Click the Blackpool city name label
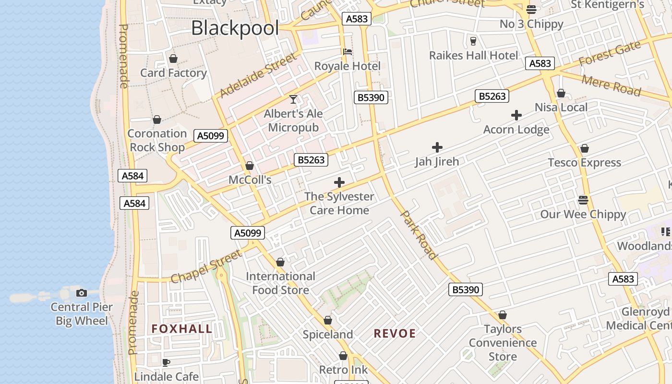pyautogui.click(x=235, y=28)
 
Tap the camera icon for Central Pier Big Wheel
pyautogui.click(x=82, y=293)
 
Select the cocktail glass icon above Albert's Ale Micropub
pyautogui.click(x=293, y=99)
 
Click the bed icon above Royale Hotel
pyautogui.click(x=347, y=52)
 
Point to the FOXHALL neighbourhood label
pyautogui.click(x=182, y=329)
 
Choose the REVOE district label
pyautogui.click(x=395, y=333)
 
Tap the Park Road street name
pyautogui.click(x=419, y=235)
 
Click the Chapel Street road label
pyautogui.click(x=206, y=267)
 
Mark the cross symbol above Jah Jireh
pyautogui.click(x=437, y=147)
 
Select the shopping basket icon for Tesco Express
pyautogui.click(x=584, y=149)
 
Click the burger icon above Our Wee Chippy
pyautogui.click(x=583, y=200)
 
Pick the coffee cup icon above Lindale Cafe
pyautogui.click(x=166, y=362)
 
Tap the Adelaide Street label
pyautogui.click(x=258, y=75)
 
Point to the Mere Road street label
pyautogui.click(x=611, y=85)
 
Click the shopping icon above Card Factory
pyautogui.click(x=173, y=59)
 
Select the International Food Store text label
pyautogui.click(x=280, y=283)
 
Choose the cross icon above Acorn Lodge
pyautogui.click(x=516, y=115)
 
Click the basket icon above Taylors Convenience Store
pyautogui.click(x=503, y=315)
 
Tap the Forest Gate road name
pyautogui.click(x=610, y=54)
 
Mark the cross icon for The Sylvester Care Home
pyautogui.click(x=339, y=182)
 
